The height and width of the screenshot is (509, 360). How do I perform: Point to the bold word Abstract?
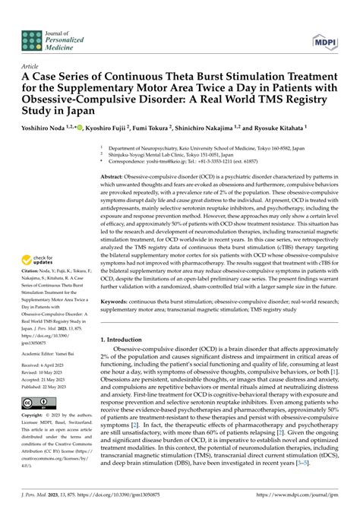[x=116, y=175]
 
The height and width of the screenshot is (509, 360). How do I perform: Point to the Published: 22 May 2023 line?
[x=42, y=386]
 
